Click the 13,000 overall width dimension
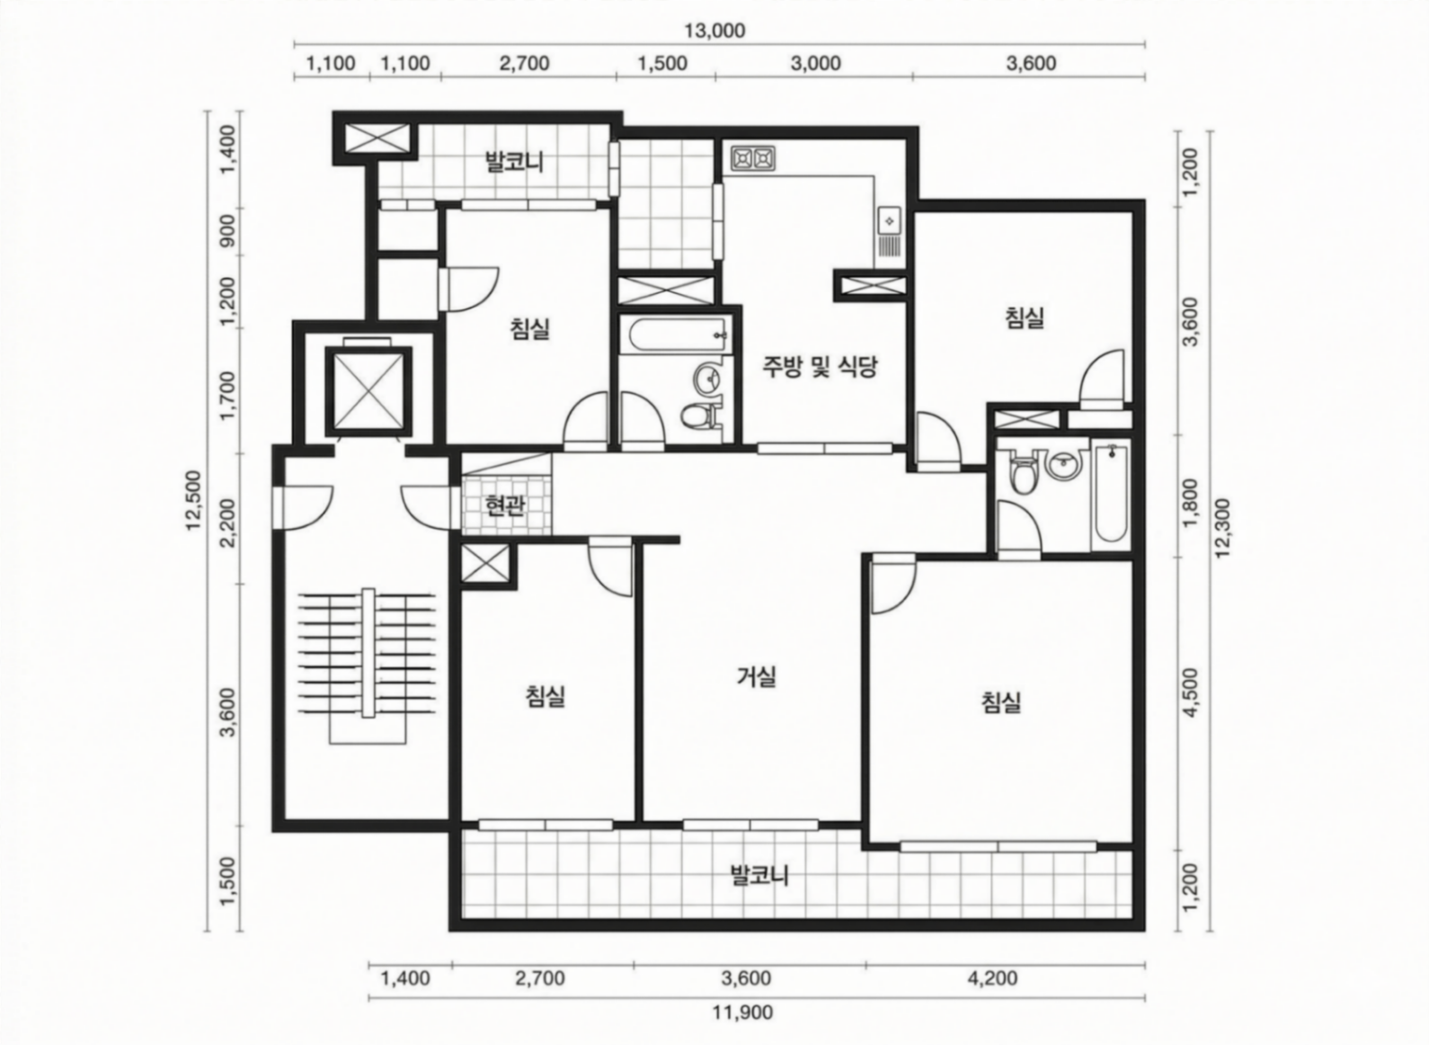click(714, 31)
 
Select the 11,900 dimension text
click(742, 1013)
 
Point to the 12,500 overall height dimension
click(193, 500)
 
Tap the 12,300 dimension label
click(1222, 528)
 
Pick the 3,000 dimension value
click(815, 64)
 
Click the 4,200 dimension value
click(992, 978)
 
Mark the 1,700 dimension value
click(227, 396)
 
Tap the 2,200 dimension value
click(227, 522)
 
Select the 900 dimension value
click(227, 231)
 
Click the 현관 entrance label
click(505, 505)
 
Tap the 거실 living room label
click(757, 676)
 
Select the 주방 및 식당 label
click(821, 366)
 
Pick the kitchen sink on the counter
click(889, 219)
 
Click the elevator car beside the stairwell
click(368, 391)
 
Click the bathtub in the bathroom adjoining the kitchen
click(679, 335)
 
